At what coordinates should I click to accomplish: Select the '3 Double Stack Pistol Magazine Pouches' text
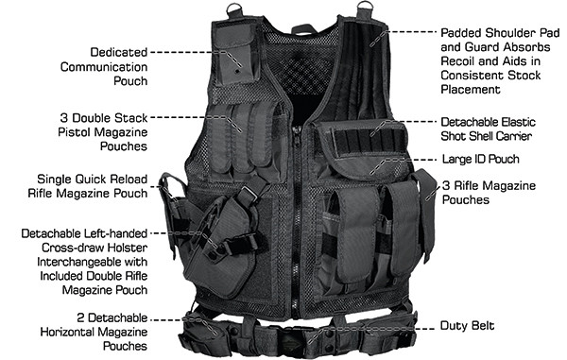click(103, 133)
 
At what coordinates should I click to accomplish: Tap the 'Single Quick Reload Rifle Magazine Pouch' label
click(93, 185)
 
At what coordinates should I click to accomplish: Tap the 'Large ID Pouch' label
click(481, 160)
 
